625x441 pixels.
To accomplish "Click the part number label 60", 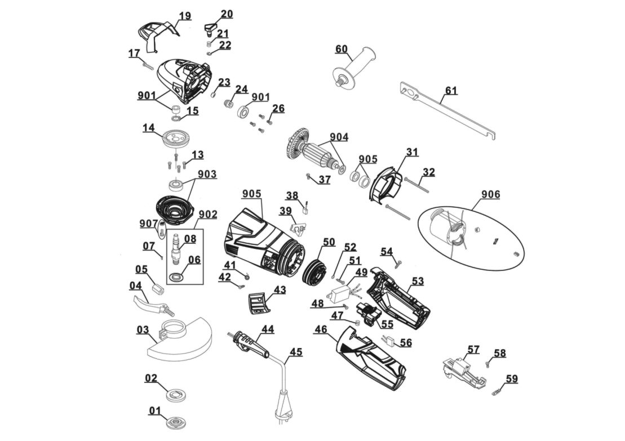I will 342,49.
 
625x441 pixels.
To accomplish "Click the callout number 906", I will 490,195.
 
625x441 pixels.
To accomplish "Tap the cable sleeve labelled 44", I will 247,342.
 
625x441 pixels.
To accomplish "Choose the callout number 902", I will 207,215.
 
